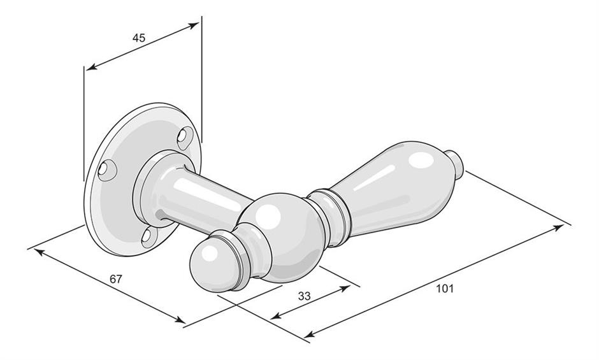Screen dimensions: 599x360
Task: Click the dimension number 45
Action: [x=139, y=38]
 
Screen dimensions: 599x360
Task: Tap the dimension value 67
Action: [x=116, y=279]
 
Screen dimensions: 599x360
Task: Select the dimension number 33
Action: [x=304, y=296]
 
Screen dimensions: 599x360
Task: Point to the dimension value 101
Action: [x=445, y=289]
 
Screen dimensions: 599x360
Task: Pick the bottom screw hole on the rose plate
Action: [x=148, y=237]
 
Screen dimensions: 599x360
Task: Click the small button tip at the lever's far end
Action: [x=456, y=165]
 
